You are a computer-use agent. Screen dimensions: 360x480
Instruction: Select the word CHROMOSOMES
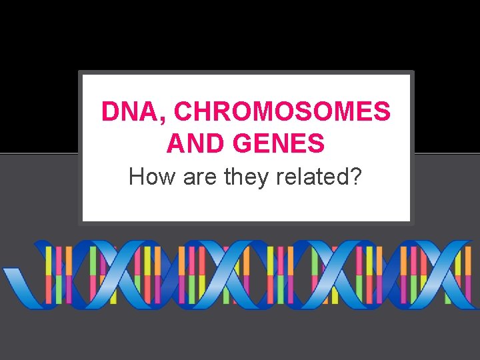[x=282, y=112]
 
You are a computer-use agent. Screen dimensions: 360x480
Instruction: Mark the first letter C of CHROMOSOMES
[x=184, y=112]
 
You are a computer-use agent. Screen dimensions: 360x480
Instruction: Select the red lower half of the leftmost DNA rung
[x=47, y=289]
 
